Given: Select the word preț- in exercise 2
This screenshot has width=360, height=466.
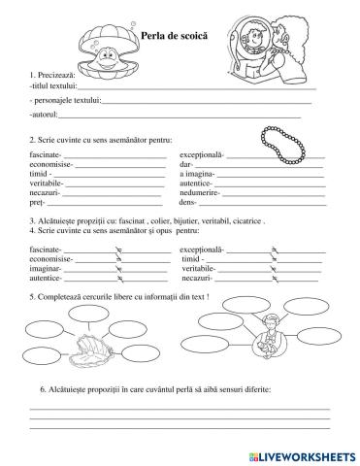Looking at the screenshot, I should [39, 203].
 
